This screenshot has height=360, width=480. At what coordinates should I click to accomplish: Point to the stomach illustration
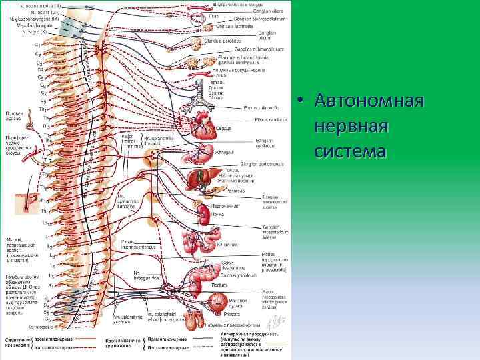[x=205, y=153]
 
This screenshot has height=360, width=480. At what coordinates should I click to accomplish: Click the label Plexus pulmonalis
[x=259, y=105]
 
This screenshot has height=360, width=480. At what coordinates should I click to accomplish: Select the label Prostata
[x=233, y=313]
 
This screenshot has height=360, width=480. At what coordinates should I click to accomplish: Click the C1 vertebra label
[x=37, y=44]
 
